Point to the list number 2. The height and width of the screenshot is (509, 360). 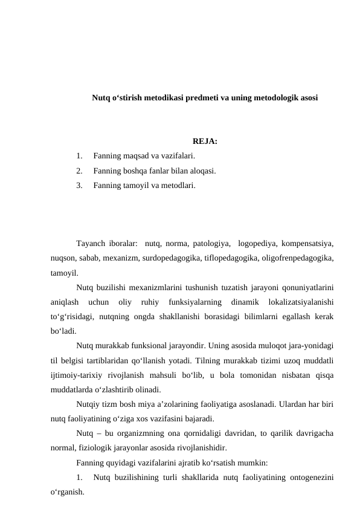(x=80, y=170)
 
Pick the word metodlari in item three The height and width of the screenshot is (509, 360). (x=177, y=185)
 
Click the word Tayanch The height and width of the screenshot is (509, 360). (x=91, y=244)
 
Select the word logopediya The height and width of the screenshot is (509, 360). (x=259, y=244)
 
